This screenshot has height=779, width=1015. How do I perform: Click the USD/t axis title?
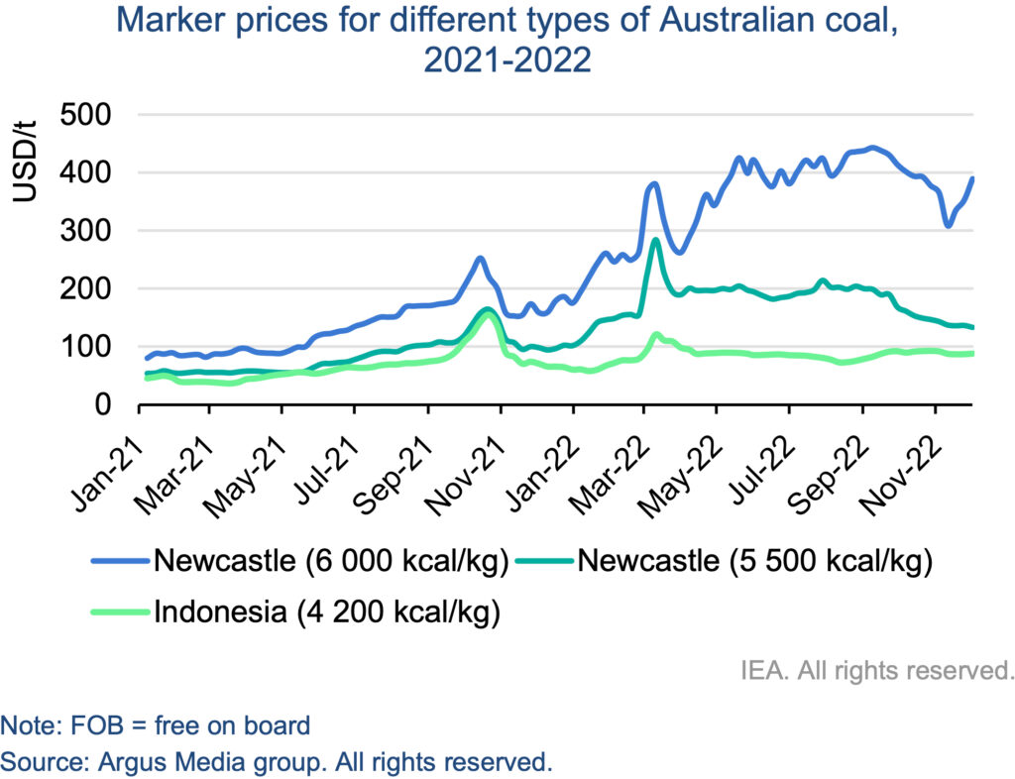point(26,160)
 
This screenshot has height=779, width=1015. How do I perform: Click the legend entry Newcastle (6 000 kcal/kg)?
point(330,562)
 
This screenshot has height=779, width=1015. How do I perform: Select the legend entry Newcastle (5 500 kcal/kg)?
point(754,562)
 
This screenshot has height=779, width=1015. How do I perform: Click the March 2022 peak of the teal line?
point(655,240)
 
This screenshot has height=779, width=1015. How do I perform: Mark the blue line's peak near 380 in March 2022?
point(652,183)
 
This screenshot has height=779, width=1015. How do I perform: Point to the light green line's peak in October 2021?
point(487,315)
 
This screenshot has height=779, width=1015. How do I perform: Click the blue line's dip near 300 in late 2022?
point(949,226)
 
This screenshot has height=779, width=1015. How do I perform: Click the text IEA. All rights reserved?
point(876,670)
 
